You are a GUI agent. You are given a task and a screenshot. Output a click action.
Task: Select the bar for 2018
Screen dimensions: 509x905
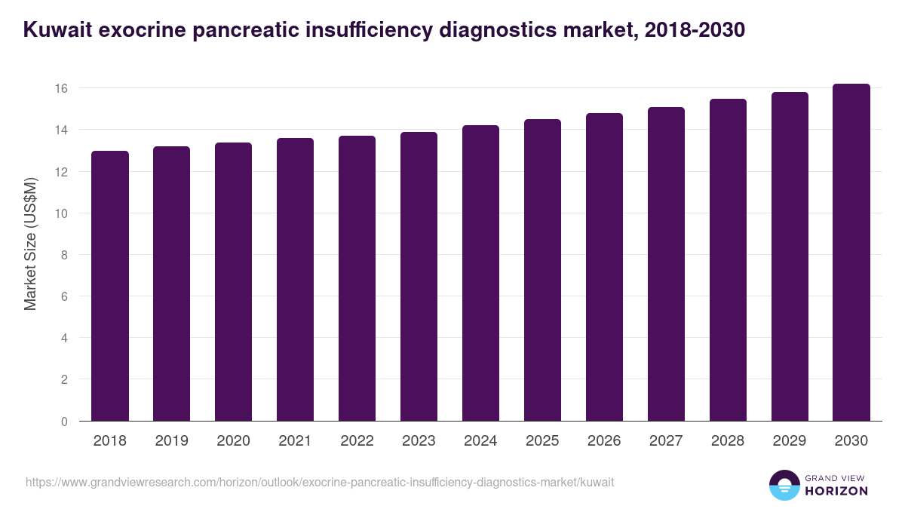tap(110, 287)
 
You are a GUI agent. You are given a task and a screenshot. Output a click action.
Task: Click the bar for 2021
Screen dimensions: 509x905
tap(295, 280)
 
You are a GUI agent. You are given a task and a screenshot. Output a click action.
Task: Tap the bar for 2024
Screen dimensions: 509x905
tap(480, 273)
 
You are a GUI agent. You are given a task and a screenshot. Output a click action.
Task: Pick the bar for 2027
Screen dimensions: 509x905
tap(666, 264)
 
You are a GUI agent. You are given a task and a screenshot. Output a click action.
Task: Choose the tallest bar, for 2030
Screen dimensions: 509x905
tap(851, 253)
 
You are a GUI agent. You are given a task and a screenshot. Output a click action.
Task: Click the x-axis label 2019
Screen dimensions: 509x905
tap(172, 441)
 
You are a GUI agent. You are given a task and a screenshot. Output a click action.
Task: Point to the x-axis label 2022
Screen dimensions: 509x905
tap(357, 441)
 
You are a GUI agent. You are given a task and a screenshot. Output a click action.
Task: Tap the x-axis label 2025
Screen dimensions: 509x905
tap(542, 441)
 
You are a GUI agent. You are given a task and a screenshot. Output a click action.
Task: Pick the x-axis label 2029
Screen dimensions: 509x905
tap(790, 441)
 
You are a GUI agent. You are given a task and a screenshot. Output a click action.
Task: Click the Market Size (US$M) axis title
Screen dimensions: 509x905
tap(31, 244)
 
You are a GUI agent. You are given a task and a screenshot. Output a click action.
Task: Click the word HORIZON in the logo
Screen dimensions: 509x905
tap(837, 491)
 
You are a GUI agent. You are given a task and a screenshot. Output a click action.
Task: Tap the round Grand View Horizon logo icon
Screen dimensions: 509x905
tap(784, 485)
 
